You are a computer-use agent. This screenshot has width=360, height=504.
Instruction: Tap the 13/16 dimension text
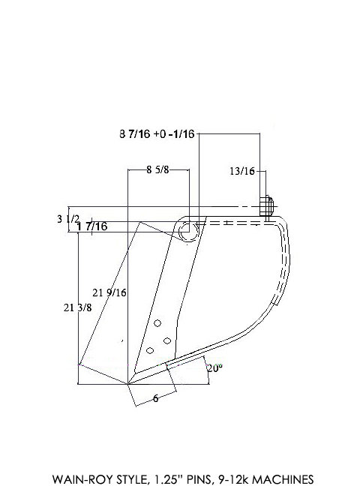point(241,171)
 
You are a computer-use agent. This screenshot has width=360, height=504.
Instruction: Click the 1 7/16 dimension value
point(91,226)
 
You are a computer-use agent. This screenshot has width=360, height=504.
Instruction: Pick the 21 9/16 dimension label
point(109,293)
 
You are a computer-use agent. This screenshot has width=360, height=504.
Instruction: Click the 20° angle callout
point(215,369)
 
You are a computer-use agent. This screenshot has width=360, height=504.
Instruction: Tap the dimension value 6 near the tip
point(155,398)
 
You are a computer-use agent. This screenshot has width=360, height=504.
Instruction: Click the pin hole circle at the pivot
point(185,233)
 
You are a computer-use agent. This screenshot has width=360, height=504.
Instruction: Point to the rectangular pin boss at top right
point(265,206)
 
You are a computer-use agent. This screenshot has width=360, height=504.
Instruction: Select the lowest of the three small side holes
point(150,350)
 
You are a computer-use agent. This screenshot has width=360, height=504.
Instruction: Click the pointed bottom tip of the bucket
point(129,385)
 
